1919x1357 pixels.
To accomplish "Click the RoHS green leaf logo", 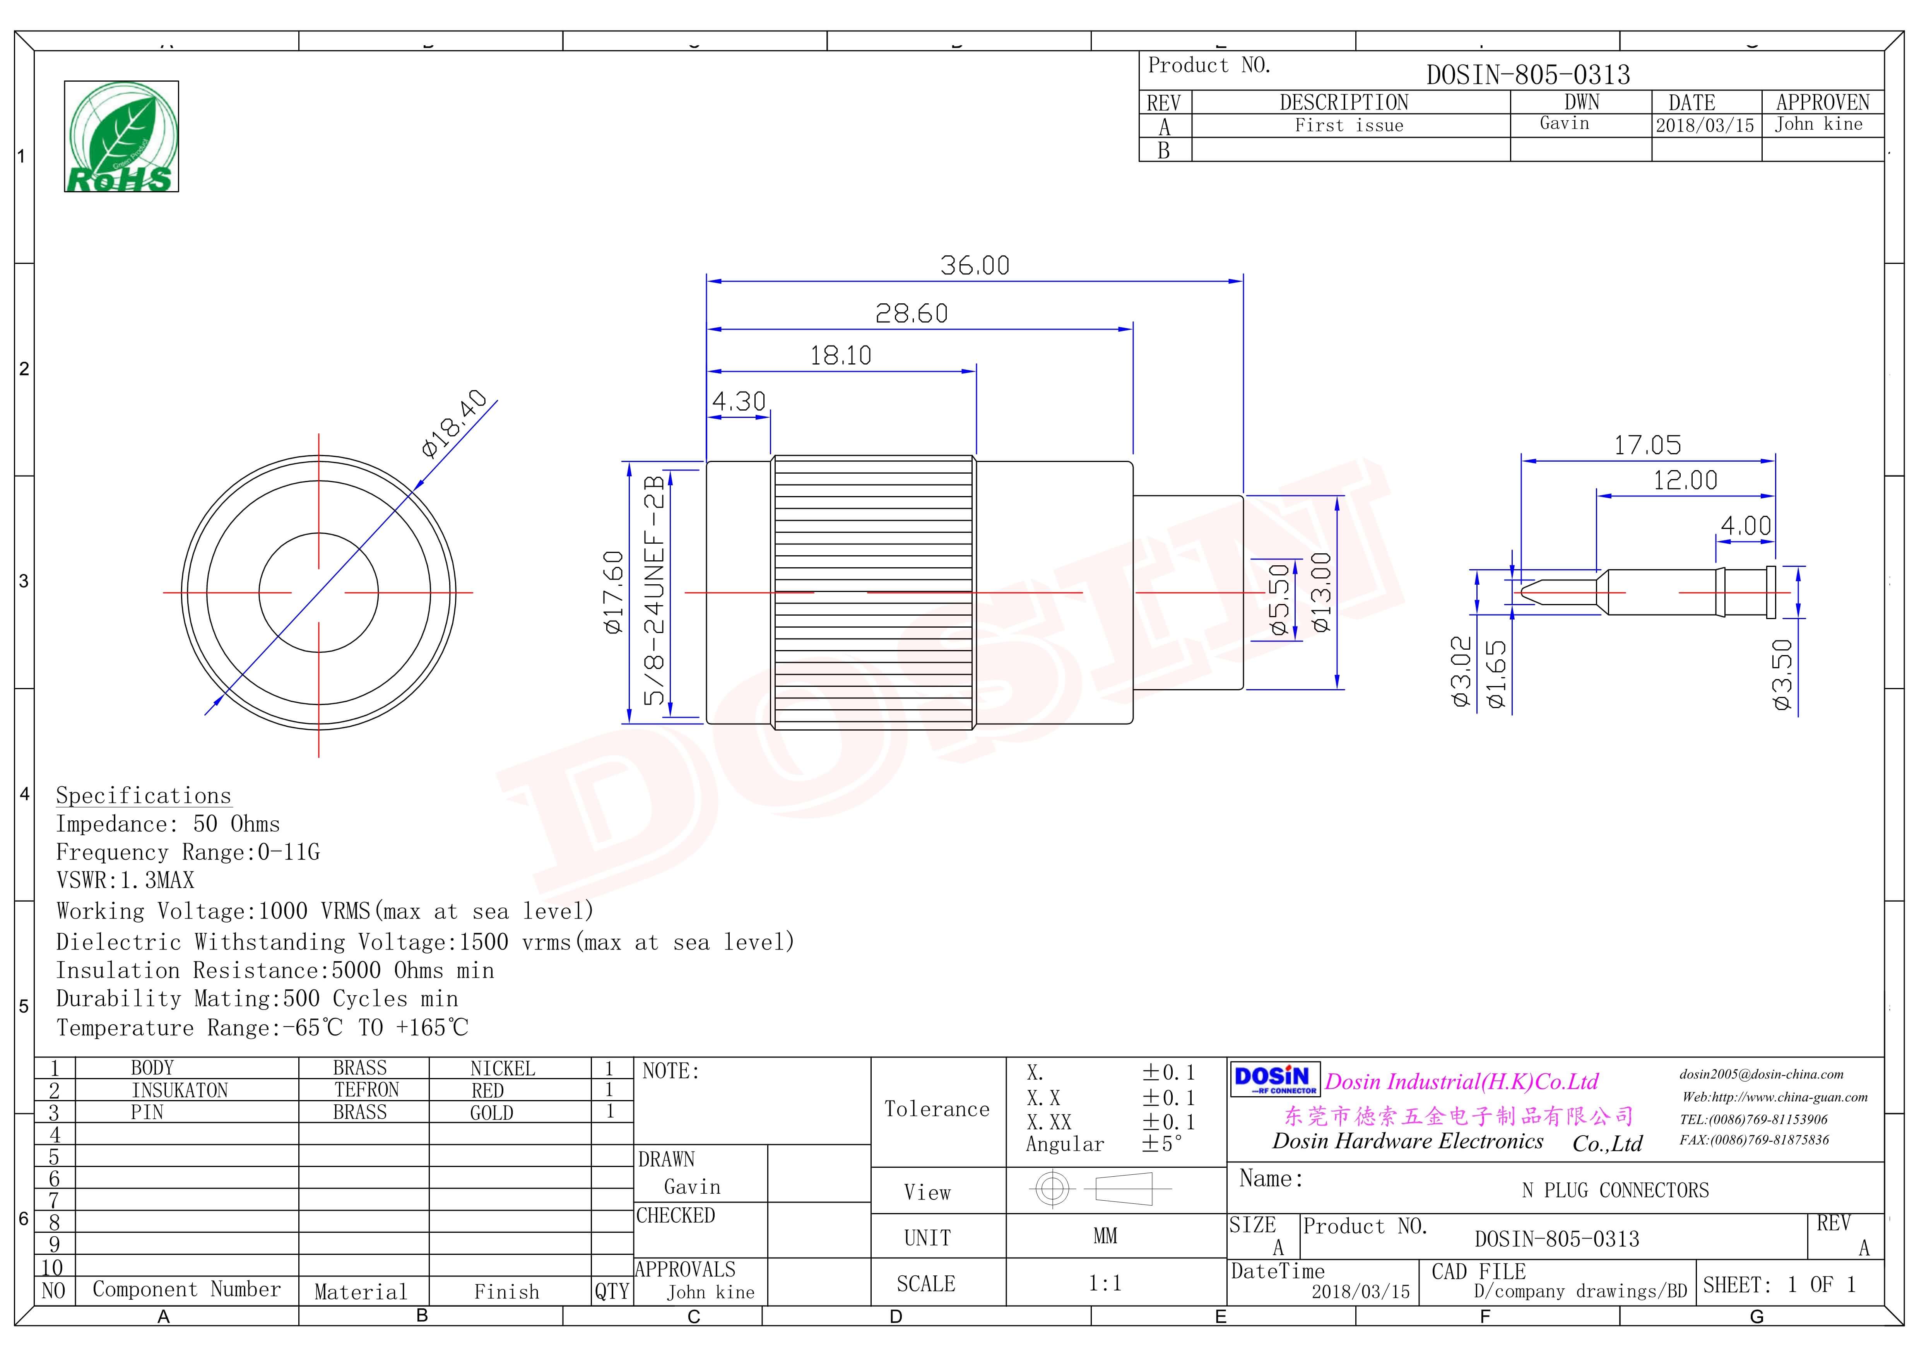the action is [121, 136].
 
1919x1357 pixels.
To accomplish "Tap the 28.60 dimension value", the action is [911, 313].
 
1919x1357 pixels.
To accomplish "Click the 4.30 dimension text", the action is [739, 401].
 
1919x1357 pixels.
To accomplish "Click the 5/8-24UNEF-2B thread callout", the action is [654, 589].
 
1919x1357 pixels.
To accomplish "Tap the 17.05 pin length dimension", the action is [1647, 445].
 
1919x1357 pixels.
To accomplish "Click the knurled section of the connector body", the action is [873, 593].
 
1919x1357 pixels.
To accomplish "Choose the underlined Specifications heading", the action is [143, 795].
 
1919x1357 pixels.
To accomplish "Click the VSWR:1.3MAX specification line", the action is [125, 880].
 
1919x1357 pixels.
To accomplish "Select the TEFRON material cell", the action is [367, 1090].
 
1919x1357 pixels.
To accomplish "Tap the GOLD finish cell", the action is [491, 1113].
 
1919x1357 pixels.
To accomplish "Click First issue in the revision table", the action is [1349, 125].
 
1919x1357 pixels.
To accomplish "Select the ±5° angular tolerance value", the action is [1162, 1144].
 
